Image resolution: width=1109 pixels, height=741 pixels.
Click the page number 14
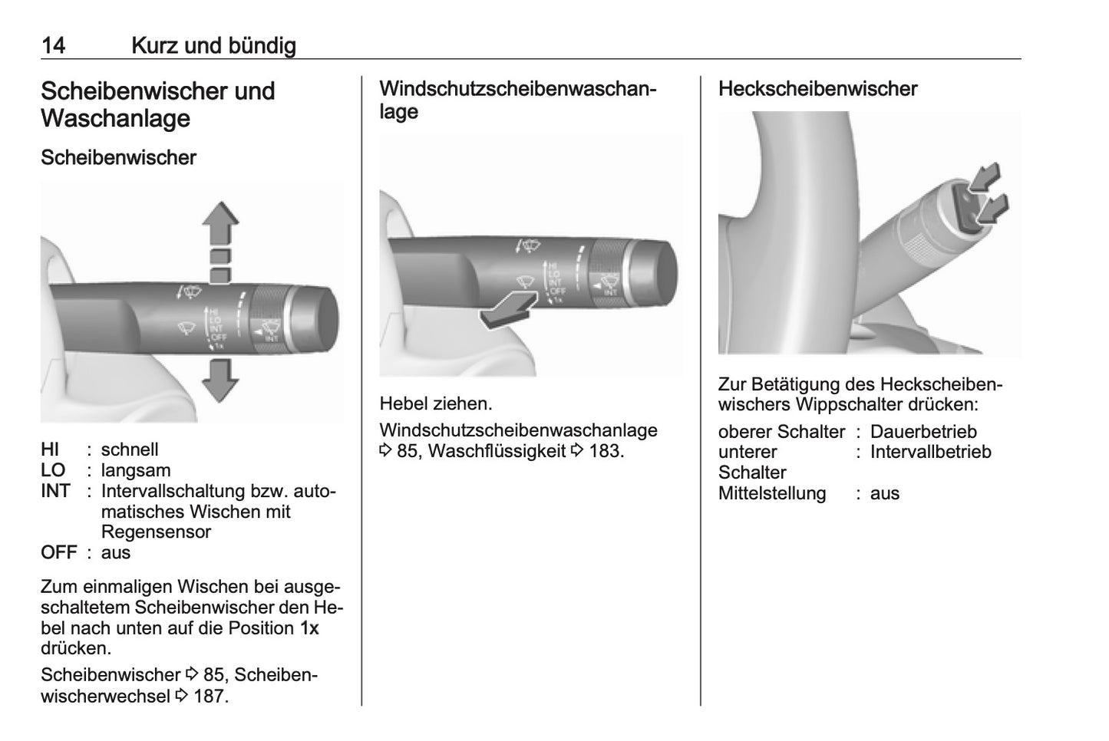click(53, 45)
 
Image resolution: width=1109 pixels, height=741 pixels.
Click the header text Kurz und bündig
click(213, 45)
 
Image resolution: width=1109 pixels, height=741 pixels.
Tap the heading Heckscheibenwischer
click(817, 89)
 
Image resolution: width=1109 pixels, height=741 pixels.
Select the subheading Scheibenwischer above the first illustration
click(118, 157)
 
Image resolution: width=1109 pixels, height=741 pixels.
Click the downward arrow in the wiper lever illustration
click(221, 380)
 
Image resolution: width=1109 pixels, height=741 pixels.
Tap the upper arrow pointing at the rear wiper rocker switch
click(985, 177)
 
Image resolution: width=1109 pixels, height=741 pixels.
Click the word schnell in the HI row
click(130, 450)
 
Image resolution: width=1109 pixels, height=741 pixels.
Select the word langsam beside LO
click(136, 470)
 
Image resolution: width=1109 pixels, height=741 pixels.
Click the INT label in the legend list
click(55, 491)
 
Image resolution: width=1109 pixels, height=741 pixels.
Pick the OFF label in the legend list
click(59, 552)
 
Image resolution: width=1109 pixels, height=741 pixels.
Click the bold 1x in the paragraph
click(309, 627)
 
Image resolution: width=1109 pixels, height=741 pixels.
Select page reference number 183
click(605, 451)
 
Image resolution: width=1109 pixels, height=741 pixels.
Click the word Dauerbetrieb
click(923, 432)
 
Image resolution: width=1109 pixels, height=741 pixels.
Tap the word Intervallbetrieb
click(930, 452)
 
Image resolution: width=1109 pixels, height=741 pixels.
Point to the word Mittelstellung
click(771, 493)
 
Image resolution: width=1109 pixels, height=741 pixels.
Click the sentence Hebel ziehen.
click(435, 403)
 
